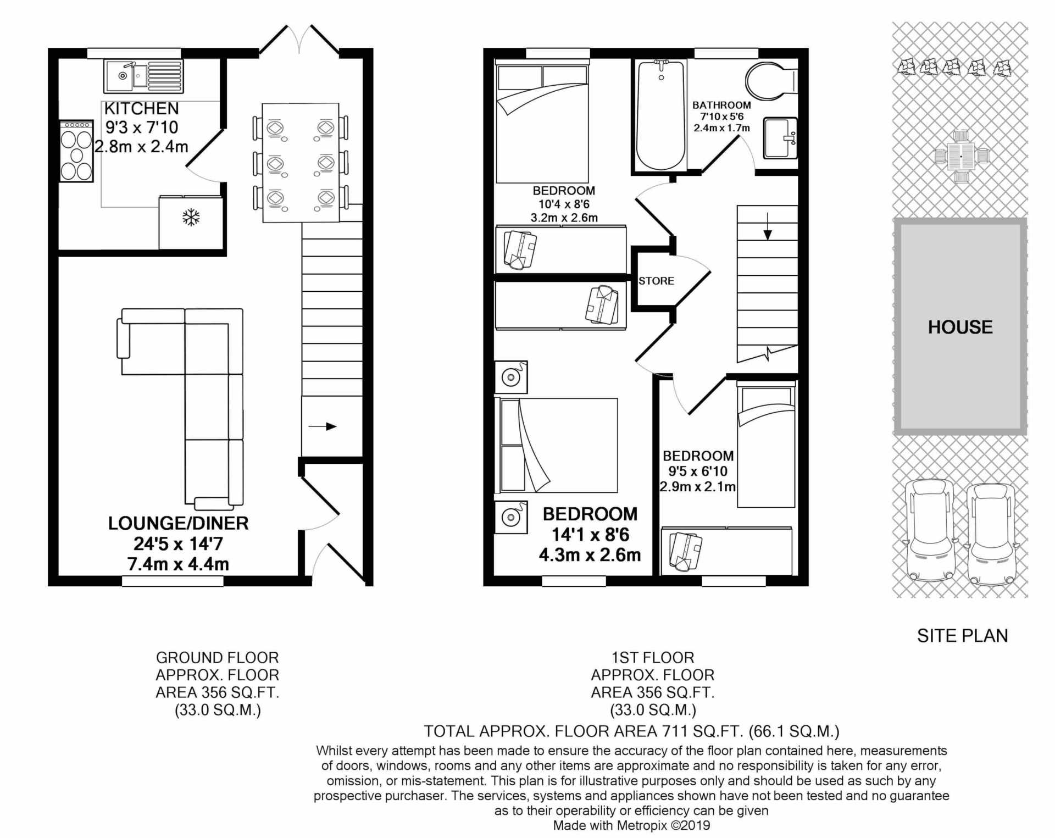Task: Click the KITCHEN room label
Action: [x=141, y=108]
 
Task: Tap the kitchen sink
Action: [x=143, y=75]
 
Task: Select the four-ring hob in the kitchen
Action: [x=76, y=151]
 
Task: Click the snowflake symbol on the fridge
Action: [x=191, y=217]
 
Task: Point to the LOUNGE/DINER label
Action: [x=178, y=523]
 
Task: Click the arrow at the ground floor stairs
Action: [x=323, y=426]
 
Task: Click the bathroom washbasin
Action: [x=780, y=138]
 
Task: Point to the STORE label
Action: [x=656, y=281]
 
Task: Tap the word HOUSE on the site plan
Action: [x=960, y=327]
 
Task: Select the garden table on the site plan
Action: [x=961, y=156]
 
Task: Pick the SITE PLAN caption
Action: [x=963, y=636]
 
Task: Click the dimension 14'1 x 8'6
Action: [x=590, y=535]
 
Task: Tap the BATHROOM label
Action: [x=721, y=105]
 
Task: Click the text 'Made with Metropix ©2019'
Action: [x=631, y=825]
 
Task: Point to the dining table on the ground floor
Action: [x=301, y=163]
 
